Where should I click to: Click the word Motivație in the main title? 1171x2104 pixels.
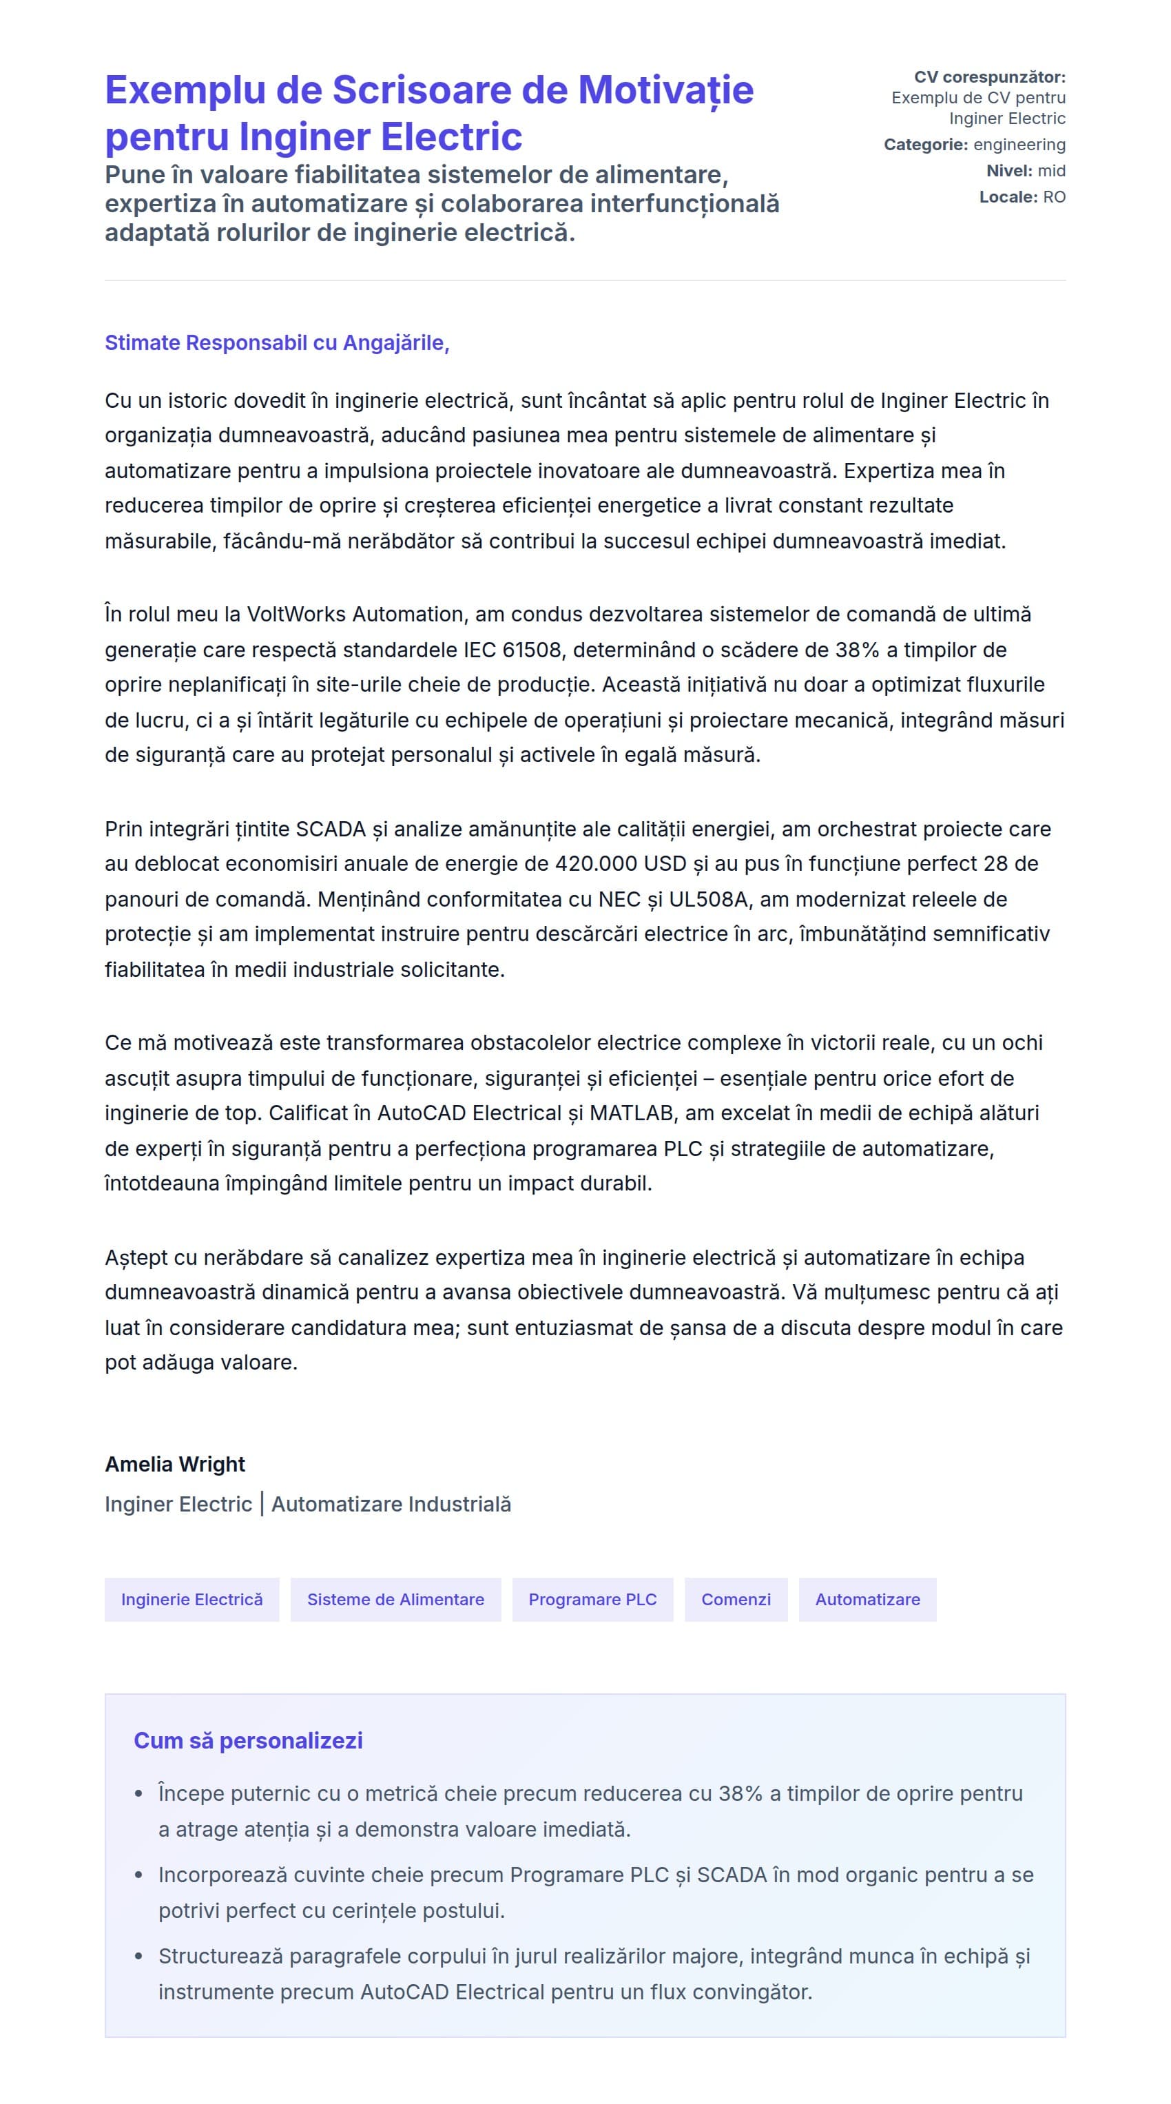665,91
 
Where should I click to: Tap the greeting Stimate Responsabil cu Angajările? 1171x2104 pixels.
276,343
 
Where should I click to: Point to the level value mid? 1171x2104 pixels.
1051,171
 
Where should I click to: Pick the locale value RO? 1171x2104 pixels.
1053,197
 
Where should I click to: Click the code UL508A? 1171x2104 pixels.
708,899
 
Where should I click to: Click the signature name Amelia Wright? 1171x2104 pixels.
175,1465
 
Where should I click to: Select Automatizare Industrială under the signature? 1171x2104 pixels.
391,1505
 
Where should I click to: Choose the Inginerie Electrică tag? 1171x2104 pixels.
192,1599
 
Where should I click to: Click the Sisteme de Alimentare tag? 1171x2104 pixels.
395,1599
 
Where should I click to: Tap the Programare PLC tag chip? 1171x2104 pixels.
592,1599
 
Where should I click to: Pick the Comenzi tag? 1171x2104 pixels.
735,1599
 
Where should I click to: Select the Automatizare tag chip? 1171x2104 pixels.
867,1599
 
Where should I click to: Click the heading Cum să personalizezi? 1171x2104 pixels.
248,1740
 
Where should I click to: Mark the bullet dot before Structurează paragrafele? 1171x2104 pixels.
139,1956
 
